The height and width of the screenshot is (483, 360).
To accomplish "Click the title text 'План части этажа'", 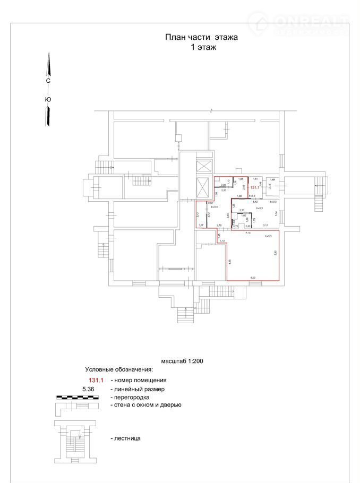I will [x=201, y=37].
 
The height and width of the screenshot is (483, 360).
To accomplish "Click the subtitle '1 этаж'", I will [x=202, y=47].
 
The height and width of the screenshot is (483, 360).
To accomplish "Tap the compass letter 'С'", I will [x=48, y=81].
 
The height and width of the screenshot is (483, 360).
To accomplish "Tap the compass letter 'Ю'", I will [x=48, y=99].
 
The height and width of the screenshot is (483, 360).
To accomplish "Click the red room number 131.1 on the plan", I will [x=254, y=187].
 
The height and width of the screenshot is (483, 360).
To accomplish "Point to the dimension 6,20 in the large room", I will [x=253, y=278].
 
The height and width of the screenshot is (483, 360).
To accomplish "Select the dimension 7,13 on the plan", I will [x=247, y=233].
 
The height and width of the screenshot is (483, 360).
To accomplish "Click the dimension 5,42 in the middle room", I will [x=255, y=202].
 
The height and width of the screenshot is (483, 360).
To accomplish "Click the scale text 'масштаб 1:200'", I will [x=182, y=360].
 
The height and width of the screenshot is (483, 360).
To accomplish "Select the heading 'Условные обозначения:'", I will [x=119, y=369].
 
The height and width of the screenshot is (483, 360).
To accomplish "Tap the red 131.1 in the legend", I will [x=97, y=380].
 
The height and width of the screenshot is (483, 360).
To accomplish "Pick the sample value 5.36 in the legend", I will [x=91, y=389].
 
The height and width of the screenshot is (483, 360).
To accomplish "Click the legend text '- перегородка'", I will [x=130, y=397].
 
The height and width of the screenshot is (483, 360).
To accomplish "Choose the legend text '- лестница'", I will [x=125, y=438].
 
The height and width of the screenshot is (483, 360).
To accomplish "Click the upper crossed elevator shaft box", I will [x=203, y=166].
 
